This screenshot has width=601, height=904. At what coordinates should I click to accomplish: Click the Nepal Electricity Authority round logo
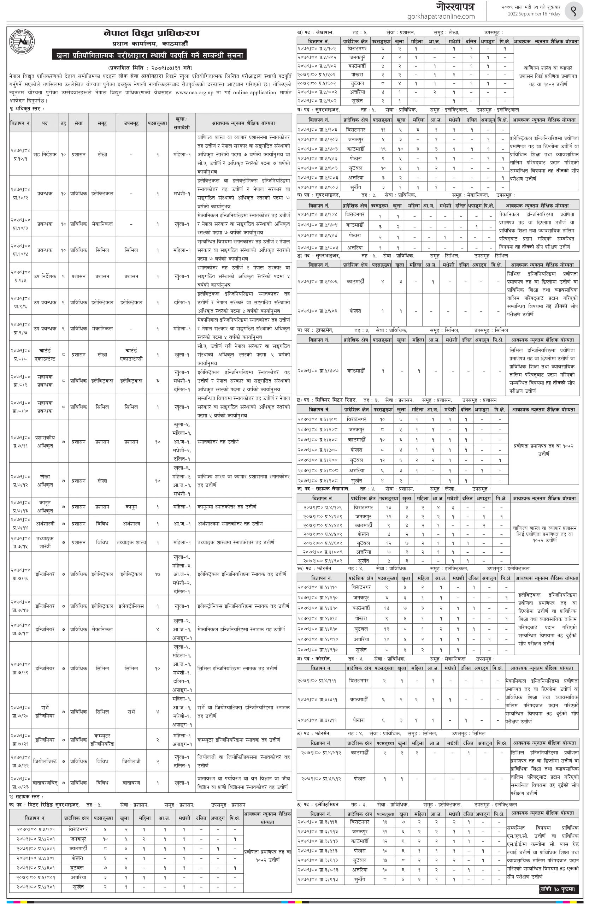(22, 41)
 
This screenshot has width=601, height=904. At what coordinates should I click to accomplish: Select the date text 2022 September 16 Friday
(534, 14)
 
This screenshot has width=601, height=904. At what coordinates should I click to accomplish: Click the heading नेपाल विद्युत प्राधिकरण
(151, 33)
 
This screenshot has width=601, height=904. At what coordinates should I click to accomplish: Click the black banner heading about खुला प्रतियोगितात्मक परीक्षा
(150, 55)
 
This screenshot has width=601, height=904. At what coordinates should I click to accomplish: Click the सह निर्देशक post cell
(45, 154)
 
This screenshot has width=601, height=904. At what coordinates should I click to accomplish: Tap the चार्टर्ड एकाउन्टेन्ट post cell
(45, 355)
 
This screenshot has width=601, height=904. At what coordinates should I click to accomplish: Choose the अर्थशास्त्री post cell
(45, 524)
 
